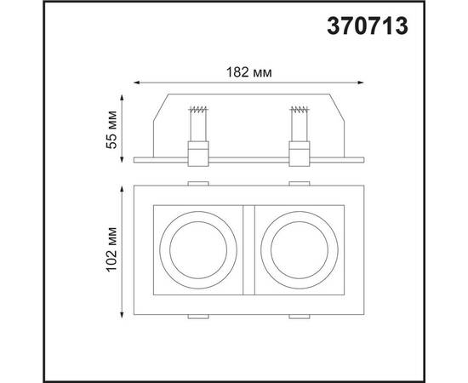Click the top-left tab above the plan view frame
[197, 181]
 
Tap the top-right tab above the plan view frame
[299, 181]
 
